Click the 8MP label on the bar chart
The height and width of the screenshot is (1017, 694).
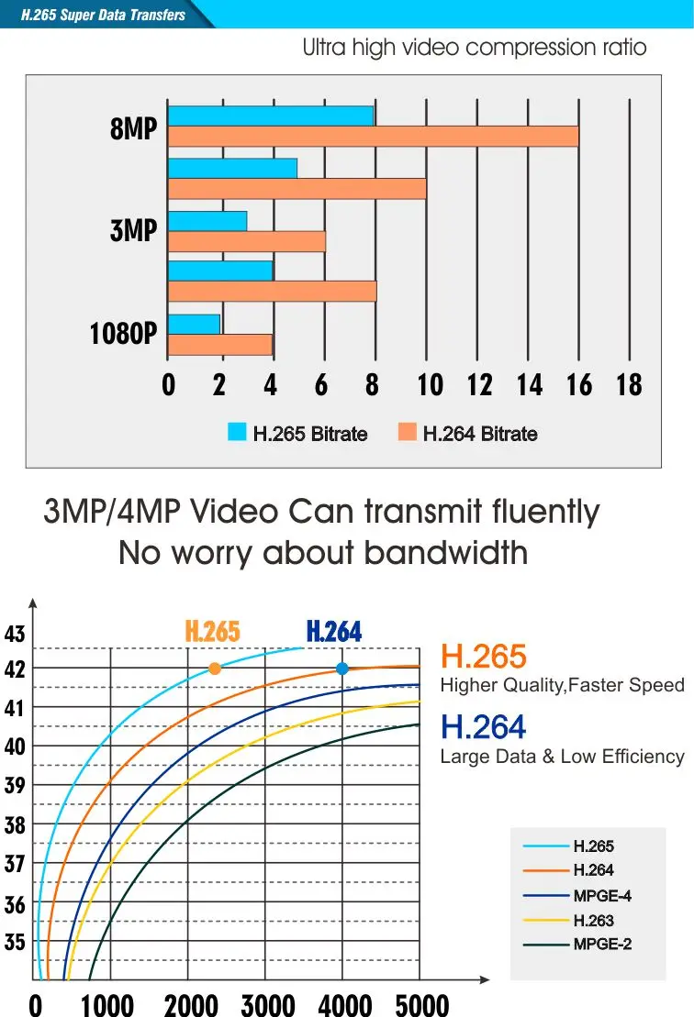[133, 127]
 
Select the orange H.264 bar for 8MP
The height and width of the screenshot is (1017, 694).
[374, 137]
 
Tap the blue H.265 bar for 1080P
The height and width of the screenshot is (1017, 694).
[194, 325]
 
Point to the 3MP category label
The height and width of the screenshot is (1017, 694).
[133, 230]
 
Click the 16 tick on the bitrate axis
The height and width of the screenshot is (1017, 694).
[579, 384]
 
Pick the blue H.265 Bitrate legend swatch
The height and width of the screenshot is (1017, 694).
[237, 432]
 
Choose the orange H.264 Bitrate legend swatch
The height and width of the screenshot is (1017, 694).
[407, 432]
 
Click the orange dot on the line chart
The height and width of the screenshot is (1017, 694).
[215, 669]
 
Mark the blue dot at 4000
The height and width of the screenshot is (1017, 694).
[342, 669]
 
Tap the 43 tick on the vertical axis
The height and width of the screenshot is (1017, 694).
[15, 634]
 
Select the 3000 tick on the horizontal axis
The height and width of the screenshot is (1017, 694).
[268, 1005]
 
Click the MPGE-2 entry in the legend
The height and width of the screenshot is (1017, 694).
[602, 945]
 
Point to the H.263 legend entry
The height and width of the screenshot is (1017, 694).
[593, 921]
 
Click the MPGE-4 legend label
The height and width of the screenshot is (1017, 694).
[602, 896]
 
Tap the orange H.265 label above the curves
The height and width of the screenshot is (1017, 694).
[212, 631]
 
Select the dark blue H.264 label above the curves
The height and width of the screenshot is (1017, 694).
[334, 631]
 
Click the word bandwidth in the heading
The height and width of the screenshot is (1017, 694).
[445, 553]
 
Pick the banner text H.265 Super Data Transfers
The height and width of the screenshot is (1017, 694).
[103, 15]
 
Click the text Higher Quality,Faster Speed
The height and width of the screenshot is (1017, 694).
[562, 686]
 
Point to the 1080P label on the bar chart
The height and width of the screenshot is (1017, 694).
[123, 334]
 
